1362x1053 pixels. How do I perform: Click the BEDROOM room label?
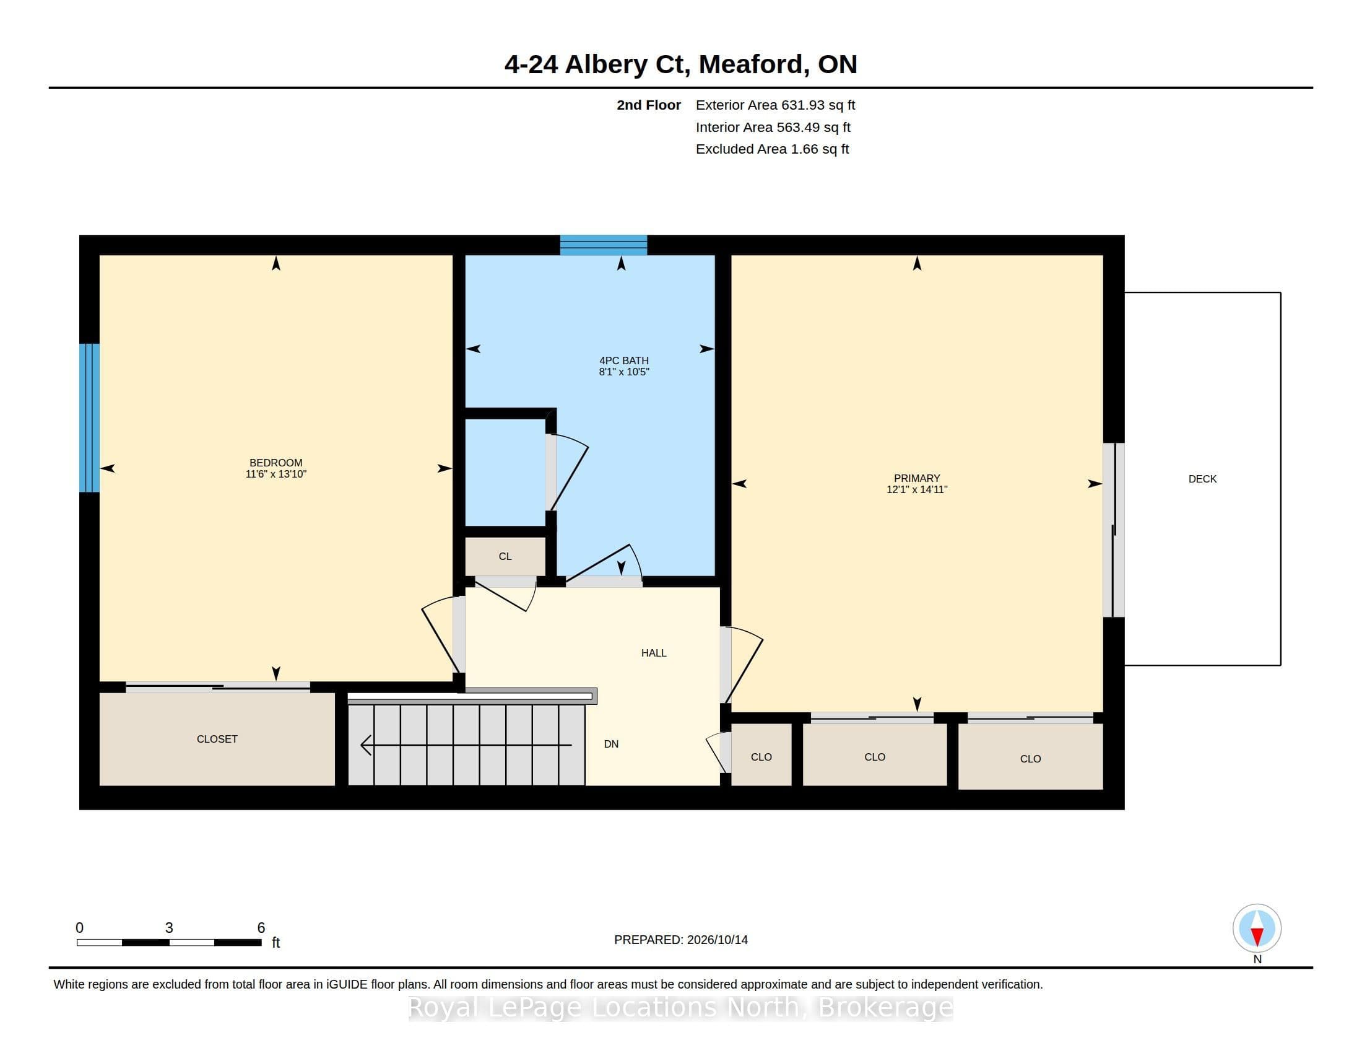275,463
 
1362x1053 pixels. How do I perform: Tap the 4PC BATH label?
623,360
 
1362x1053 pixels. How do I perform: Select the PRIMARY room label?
917,478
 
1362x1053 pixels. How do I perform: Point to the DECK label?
1202,479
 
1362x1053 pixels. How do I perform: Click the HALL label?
654,653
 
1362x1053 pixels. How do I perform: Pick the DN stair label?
611,744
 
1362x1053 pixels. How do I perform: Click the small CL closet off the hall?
505,556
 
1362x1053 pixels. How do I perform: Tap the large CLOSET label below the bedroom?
217,739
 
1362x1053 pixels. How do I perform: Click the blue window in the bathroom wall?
603,245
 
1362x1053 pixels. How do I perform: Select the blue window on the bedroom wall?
89,418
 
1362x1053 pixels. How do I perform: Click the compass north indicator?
1257,929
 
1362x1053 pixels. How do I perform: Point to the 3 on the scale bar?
169,928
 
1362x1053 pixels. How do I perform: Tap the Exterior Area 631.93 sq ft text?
775,105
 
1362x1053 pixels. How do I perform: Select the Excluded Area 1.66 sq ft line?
772,149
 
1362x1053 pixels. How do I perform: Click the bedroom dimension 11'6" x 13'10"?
275,474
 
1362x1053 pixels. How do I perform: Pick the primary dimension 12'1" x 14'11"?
917,490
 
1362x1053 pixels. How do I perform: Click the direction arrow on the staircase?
466,745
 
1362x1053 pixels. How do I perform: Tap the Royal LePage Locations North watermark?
680,1007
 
